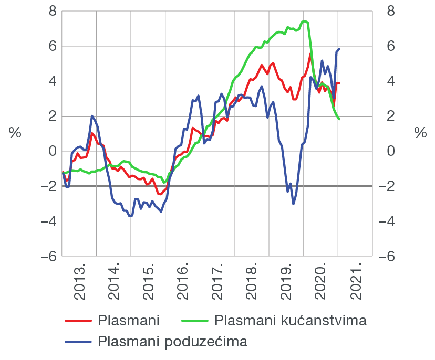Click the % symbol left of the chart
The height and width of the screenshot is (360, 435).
tap(15, 133)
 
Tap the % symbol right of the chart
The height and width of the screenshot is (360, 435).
tap(420, 133)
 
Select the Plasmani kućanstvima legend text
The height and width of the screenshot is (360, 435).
tap(291, 320)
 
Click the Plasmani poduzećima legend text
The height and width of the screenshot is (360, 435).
tap(172, 342)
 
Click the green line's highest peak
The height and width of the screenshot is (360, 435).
tap(305, 21)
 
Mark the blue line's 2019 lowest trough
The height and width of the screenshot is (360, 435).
tap(293, 204)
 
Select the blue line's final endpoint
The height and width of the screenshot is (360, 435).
tap(339, 49)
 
